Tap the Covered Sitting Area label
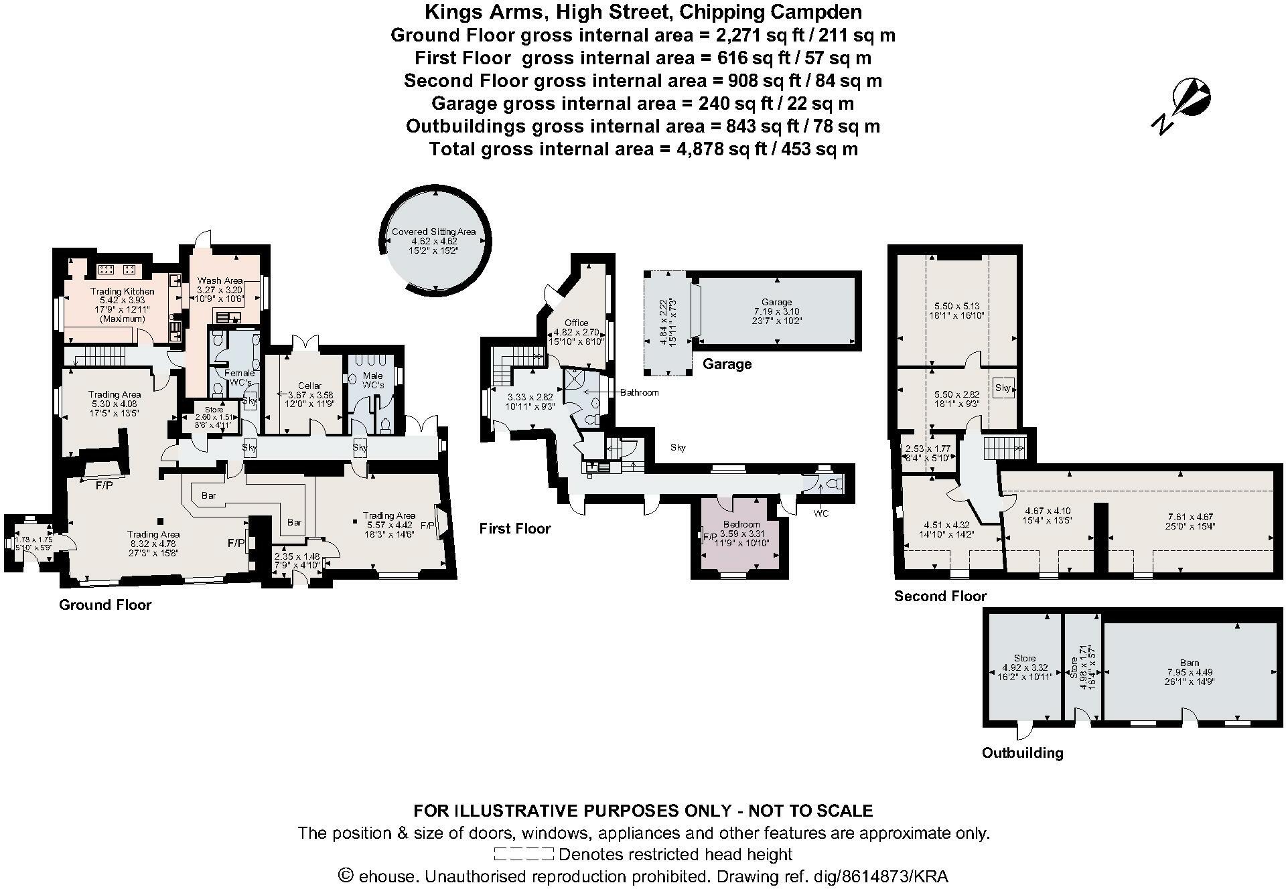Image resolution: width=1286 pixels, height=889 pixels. click(433, 232)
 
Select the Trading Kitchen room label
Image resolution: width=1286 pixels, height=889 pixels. click(123, 291)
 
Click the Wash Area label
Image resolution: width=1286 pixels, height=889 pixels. click(220, 280)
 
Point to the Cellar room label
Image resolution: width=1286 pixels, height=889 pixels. click(309, 386)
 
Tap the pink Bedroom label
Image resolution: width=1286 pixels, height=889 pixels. click(741, 524)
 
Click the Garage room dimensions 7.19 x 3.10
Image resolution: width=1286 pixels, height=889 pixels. click(776, 311)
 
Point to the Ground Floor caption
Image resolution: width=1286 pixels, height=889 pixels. click(105, 605)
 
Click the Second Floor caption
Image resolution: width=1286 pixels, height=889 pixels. click(940, 596)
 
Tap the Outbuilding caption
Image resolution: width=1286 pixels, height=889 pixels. click(1022, 753)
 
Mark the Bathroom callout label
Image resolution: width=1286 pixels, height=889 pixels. click(639, 392)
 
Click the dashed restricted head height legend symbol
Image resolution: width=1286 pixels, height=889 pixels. click(524, 854)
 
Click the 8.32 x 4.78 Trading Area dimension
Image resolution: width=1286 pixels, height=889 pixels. click(153, 544)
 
